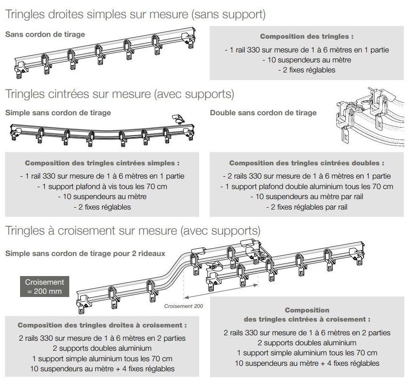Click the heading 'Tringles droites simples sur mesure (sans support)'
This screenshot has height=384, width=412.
point(135,14)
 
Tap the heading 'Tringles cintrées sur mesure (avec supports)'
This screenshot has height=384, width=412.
point(119,94)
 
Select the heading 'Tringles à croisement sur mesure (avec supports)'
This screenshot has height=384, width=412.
point(133,230)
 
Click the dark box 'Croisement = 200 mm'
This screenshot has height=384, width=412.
point(44,286)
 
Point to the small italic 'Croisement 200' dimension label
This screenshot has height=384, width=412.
point(184,306)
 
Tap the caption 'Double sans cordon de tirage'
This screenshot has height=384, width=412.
point(263,113)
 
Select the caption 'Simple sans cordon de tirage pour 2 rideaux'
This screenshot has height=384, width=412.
point(85,253)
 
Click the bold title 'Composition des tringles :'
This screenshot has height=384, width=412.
point(306,36)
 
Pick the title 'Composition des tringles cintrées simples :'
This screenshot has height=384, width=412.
point(102,163)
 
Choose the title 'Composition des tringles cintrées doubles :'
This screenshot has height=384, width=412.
point(307,163)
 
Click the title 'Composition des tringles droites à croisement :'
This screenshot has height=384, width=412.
point(102,326)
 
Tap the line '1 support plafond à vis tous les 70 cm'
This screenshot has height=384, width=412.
point(102,186)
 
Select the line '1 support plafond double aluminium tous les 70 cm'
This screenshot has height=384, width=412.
point(307,186)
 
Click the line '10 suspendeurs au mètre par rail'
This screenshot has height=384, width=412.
point(307,197)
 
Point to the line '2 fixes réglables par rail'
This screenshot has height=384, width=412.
point(307,207)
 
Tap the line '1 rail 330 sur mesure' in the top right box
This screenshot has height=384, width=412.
point(307,50)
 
